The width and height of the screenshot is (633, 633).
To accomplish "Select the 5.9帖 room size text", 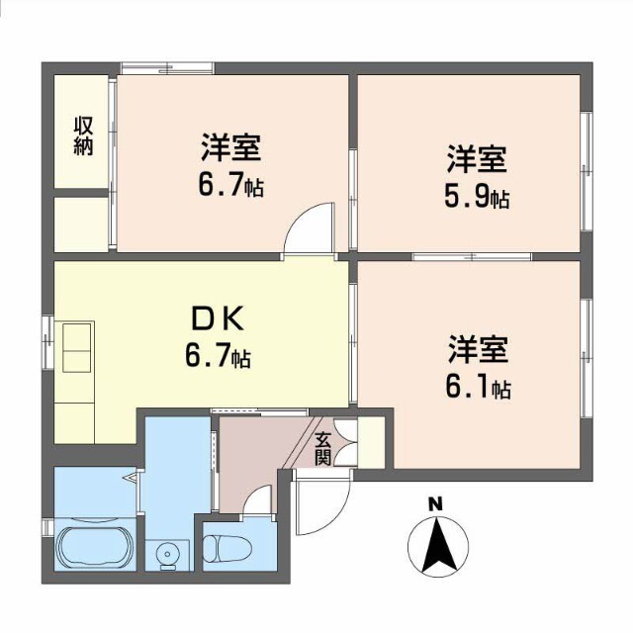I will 477,197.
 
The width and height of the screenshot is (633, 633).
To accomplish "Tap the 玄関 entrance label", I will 323,449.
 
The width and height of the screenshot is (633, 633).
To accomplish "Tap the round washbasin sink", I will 166,553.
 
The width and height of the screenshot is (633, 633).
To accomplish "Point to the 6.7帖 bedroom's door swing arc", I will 311,229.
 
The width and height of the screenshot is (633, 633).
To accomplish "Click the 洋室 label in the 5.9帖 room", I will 478,159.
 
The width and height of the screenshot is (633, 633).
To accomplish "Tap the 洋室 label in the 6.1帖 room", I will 478,348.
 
